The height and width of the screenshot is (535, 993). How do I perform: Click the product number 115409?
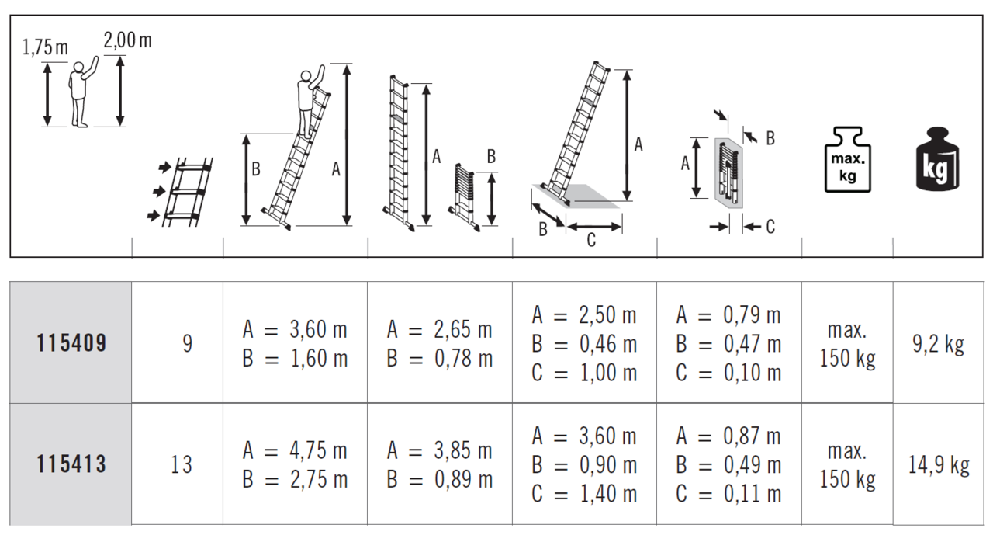point(71,343)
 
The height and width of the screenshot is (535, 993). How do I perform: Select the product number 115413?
point(71,464)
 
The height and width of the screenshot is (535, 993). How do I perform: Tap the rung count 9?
point(187,343)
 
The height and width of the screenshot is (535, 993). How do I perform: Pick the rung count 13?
point(182,464)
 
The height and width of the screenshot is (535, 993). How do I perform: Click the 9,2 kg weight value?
point(939,344)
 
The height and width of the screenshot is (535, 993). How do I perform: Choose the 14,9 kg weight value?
point(939,465)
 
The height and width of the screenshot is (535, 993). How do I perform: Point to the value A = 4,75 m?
point(295,450)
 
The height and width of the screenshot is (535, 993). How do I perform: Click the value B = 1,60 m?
point(295,359)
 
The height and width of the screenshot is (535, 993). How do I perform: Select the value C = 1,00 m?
point(584,373)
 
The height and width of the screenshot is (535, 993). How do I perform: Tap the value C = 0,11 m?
point(728,494)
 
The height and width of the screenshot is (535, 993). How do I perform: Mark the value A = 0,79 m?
point(728,315)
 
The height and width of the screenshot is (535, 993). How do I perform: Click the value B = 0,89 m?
point(439,480)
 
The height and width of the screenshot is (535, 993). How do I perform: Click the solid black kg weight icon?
point(937,159)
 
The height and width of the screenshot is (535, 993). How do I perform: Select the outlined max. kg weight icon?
point(847,159)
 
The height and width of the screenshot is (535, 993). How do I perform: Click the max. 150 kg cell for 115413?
point(847,465)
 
